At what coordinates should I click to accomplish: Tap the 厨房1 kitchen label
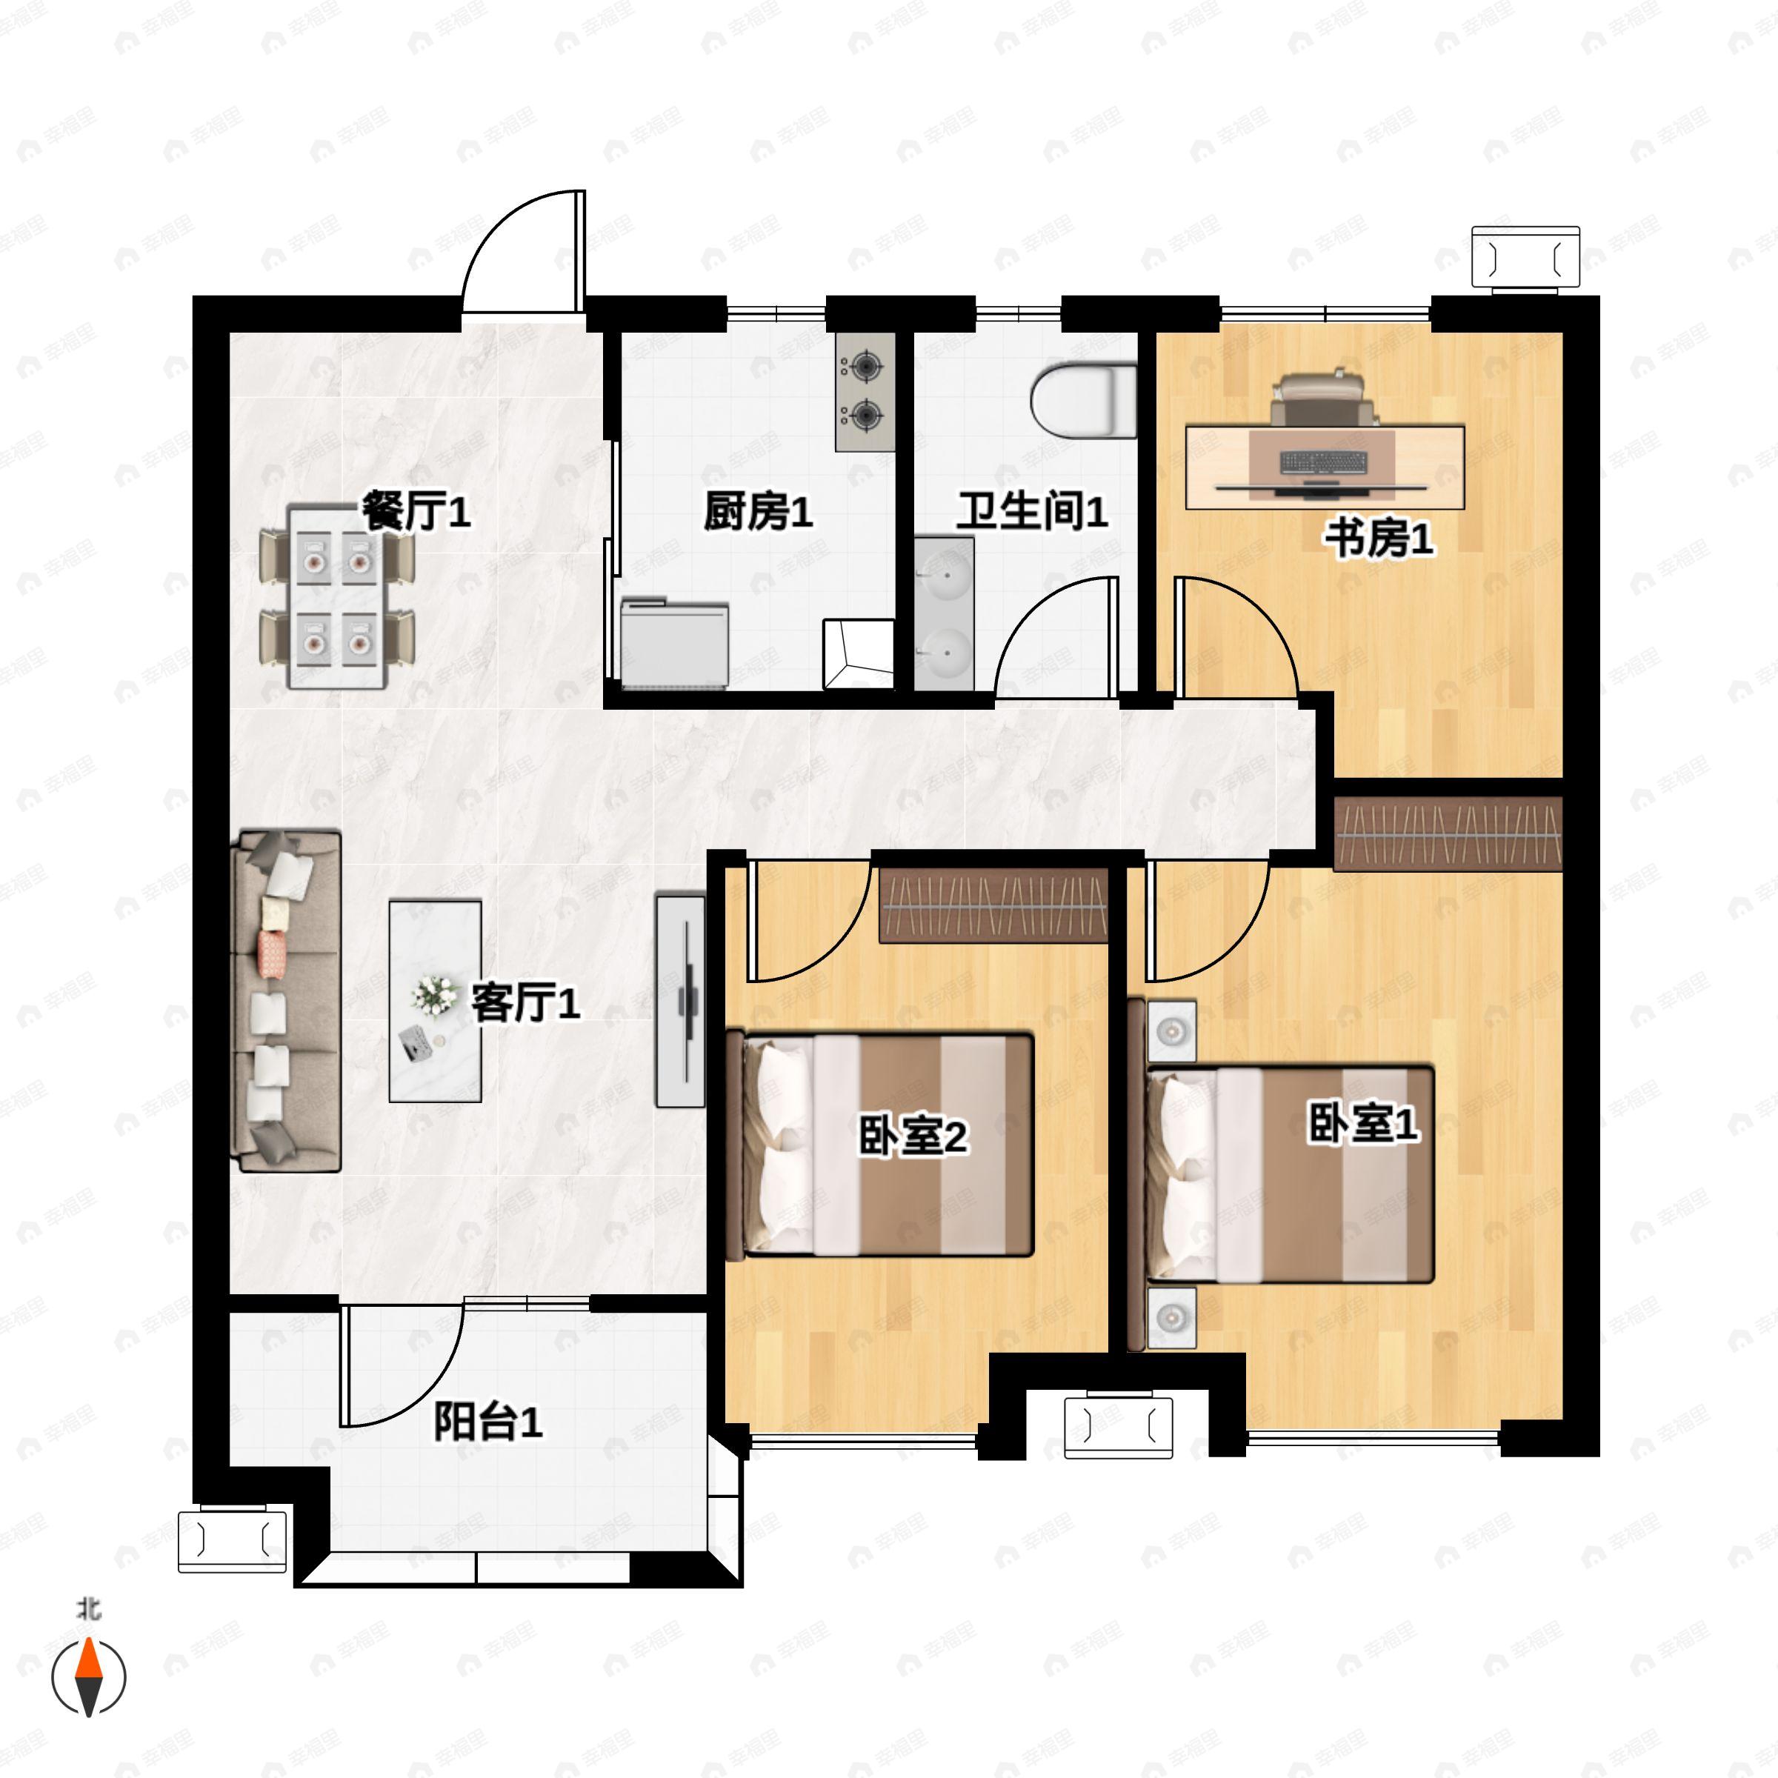(759, 512)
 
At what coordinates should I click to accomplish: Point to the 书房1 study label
(1379, 539)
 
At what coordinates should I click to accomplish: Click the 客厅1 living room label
(525, 1002)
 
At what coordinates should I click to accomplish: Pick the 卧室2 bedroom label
(913, 1136)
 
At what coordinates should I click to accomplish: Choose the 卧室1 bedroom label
(1363, 1124)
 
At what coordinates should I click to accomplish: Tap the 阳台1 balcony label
(487, 1422)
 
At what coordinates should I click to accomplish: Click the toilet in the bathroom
(1084, 402)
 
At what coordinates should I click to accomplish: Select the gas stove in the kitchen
(865, 392)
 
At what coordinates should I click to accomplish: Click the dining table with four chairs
(337, 596)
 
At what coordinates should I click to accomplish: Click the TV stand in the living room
(680, 999)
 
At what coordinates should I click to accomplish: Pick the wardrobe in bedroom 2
(992, 905)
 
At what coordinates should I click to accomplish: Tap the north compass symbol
(88, 1676)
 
